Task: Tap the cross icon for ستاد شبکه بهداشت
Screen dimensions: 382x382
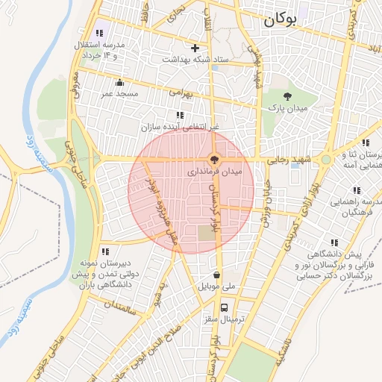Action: (x=195, y=48)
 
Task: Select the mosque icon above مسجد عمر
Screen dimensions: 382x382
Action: (x=119, y=82)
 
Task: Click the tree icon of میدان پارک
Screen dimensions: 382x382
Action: (x=287, y=95)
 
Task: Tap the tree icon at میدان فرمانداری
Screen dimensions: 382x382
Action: (x=214, y=159)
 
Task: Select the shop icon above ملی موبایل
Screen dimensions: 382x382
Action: (x=216, y=274)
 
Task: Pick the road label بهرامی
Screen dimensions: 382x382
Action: (x=180, y=95)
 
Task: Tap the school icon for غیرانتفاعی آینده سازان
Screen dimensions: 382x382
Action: (x=179, y=115)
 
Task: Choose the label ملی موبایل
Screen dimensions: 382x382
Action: (x=216, y=286)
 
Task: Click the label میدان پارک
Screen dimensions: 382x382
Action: (x=287, y=108)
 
